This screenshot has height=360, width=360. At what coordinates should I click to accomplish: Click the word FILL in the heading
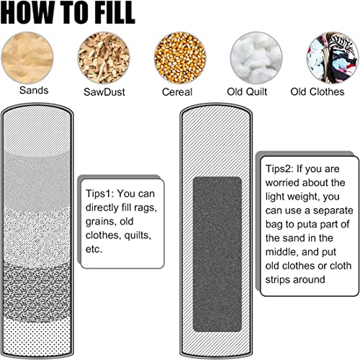(x=113, y=12)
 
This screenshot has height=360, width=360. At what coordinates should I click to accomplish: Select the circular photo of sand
(x=27, y=58)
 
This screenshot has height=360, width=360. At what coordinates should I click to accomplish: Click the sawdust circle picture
(x=104, y=58)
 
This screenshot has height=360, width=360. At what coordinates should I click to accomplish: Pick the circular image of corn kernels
(x=180, y=58)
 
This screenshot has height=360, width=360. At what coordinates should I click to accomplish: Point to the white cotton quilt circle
(x=256, y=58)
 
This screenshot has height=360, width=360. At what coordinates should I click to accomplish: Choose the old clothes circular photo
(x=333, y=58)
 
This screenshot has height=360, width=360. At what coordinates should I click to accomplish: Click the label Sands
(x=34, y=91)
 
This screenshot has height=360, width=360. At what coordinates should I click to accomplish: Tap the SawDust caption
(x=104, y=92)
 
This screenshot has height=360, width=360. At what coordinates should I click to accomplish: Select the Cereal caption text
(x=177, y=92)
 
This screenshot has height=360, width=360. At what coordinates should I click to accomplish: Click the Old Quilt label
(x=247, y=91)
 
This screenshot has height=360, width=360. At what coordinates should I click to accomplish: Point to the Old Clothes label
(x=318, y=91)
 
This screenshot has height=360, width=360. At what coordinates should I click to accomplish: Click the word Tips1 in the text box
(x=99, y=194)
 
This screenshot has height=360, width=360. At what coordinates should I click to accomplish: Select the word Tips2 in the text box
(x=279, y=168)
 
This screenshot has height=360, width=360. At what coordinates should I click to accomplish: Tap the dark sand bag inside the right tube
(x=217, y=254)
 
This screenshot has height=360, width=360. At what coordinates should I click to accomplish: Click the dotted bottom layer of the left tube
(x=37, y=336)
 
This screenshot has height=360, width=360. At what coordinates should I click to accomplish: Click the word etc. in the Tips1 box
(x=94, y=249)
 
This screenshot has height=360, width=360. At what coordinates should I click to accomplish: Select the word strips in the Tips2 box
(x=277, y=280)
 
